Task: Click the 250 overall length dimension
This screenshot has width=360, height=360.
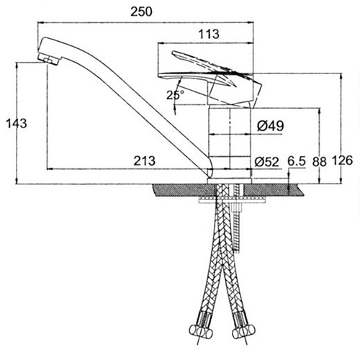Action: tap(141, 12)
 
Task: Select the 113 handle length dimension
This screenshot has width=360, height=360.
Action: tap(209, 34)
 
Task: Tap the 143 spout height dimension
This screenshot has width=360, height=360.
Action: tap(17, 124)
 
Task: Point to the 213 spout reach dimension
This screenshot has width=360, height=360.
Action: tap(144, 161)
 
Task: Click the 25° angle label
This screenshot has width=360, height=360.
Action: tap(175, 95)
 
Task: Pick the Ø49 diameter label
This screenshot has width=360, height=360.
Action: tap(271, 125)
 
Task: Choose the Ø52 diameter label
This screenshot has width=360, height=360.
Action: tap(267, 162)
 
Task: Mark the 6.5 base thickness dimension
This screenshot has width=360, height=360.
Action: tap(297, 161)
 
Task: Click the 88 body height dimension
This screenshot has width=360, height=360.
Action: tap(320, 161)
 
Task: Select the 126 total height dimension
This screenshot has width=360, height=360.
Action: tap(343, 161)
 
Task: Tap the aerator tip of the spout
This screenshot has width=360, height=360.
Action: tap(50, 59)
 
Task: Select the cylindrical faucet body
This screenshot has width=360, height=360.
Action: tap(230, 143)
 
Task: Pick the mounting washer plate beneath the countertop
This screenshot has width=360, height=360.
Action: tap(233, 200)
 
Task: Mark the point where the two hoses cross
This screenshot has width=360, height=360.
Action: tap(222, 264)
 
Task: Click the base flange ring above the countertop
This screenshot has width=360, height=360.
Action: tap(230, 181)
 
